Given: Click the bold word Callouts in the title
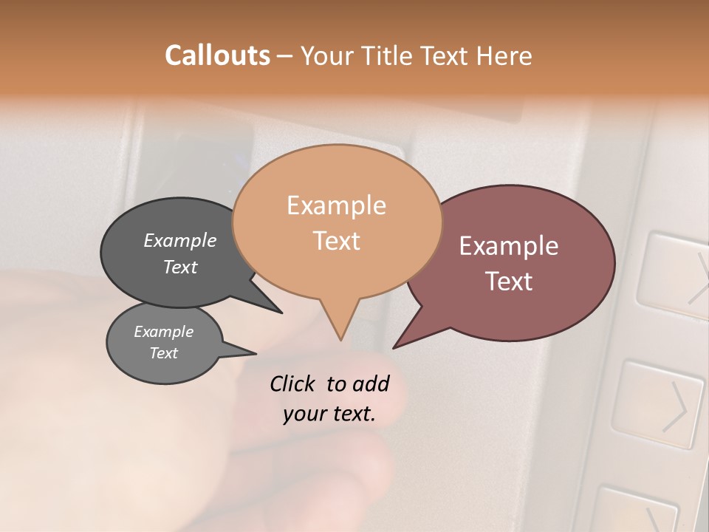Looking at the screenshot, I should (217, 55).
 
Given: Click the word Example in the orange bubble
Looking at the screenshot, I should (336, 205).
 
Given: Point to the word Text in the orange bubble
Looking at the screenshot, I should (336, 240).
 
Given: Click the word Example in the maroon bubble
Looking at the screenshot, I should (509, 246).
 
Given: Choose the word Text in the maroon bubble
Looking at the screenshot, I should (509, 281).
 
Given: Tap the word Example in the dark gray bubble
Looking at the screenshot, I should (180, 240).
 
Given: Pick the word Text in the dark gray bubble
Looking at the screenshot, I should (180, 267).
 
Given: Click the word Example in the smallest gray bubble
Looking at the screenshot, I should (163, 332).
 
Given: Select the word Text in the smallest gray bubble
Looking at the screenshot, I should (163, 353).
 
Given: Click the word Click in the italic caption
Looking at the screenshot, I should (293, 383).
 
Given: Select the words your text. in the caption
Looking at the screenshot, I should (329, 414).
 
